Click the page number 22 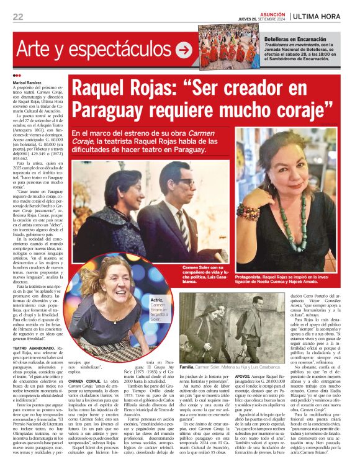tap(17, 17)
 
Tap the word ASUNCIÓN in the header tap(273, 13)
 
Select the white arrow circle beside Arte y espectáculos tap(184, 50)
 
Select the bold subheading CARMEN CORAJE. tap(87, 380)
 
